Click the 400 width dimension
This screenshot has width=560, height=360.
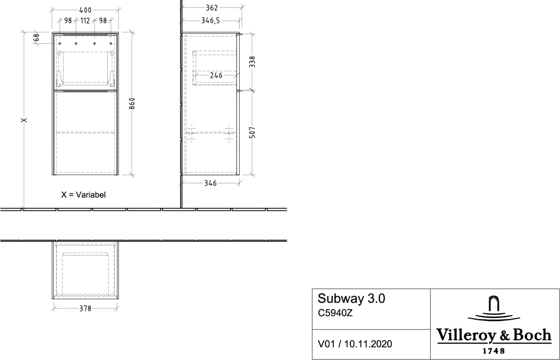click(x=85, y=10)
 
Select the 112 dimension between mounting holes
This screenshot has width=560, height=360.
click(x=85, y=21)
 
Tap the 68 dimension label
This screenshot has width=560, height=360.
click(x=36, y=38)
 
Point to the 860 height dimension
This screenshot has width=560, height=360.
click(x=132, y=104)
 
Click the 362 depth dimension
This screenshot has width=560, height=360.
click(x=212, y=8)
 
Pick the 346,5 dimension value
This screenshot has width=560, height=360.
click(x=210, y=21)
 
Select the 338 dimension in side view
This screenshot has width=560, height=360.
click(x=252, y=62)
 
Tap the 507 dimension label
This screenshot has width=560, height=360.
click(x=252, y=133)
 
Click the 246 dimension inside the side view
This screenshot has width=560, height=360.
click(x=216, y=75)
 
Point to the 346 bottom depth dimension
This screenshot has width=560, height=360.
click(x=210, y=183)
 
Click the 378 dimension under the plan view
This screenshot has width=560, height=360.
click(x=85, y=309)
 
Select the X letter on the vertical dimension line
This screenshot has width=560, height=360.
click(x=24, y=120)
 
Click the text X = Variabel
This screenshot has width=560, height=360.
click(x=84, y=195)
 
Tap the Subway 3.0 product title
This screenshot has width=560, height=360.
click(x=351, y=298)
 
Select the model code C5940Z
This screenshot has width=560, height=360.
click(x=335, y=313)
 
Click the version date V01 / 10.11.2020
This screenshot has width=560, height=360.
click(x=355, y=344)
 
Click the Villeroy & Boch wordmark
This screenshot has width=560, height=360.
click(x=494, y=336)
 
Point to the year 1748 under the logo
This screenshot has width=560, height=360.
click(x=493, y=351)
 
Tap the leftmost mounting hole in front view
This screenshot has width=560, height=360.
click(x=60, y=44)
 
